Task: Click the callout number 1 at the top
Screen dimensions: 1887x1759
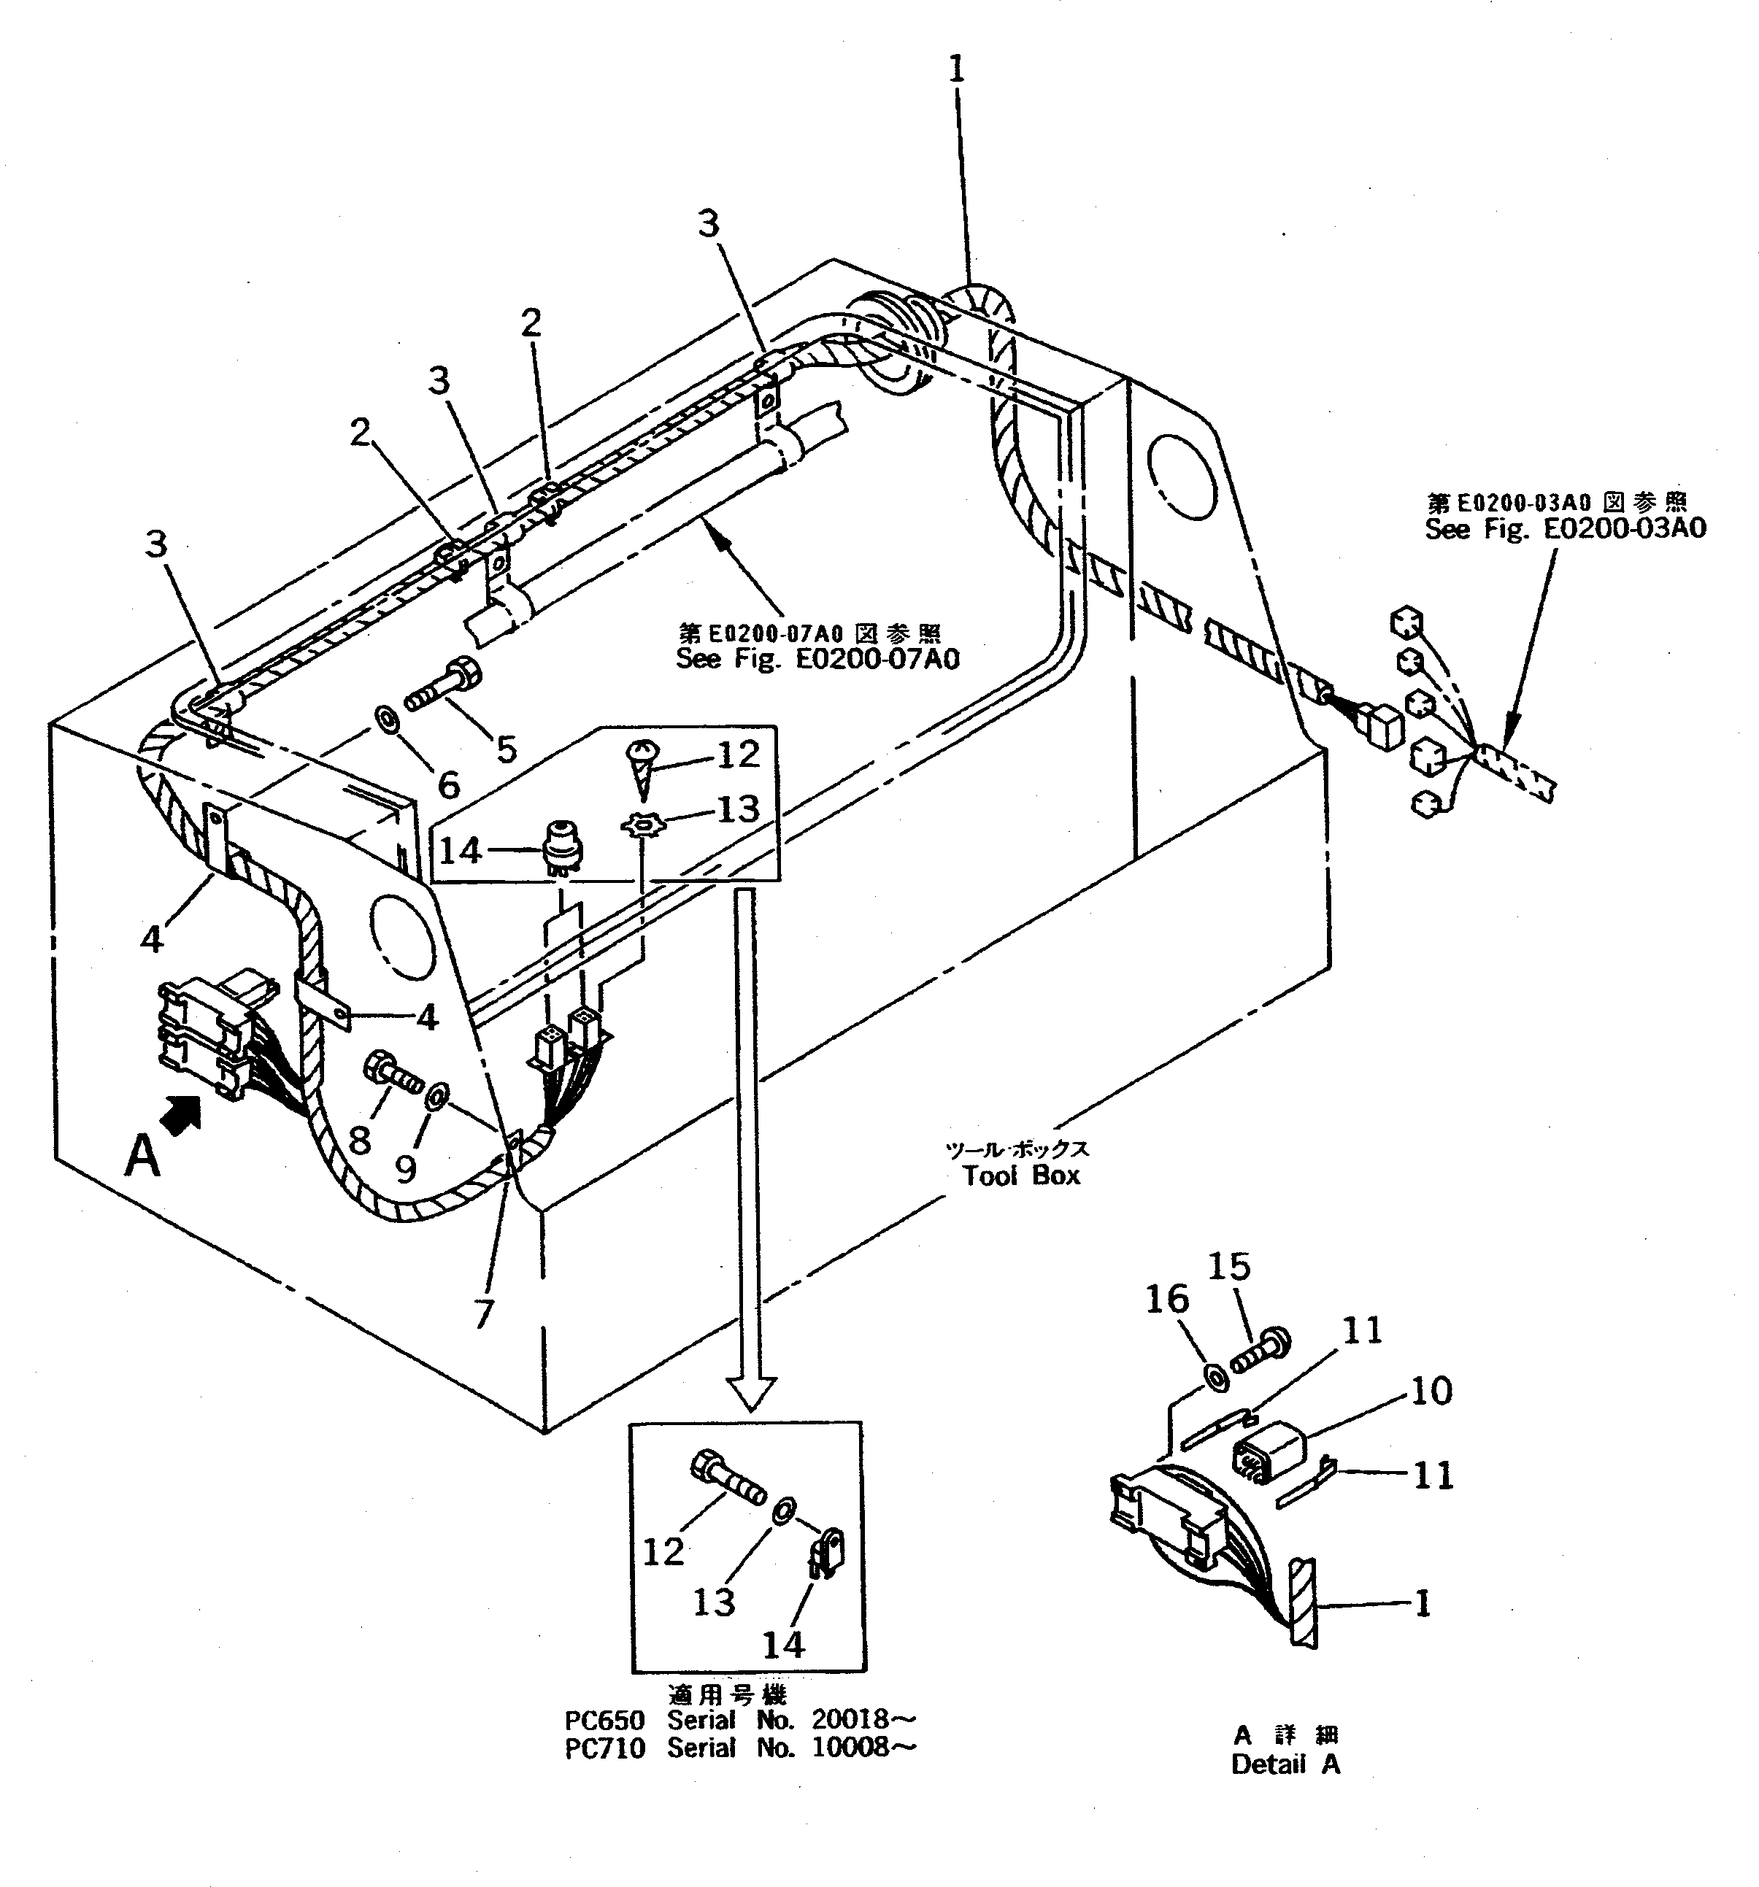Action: [956, 69]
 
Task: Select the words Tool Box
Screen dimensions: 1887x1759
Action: [1021, 1175]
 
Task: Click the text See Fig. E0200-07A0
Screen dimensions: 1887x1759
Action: [817, 657]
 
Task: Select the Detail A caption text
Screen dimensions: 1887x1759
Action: [1285, 1764]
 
